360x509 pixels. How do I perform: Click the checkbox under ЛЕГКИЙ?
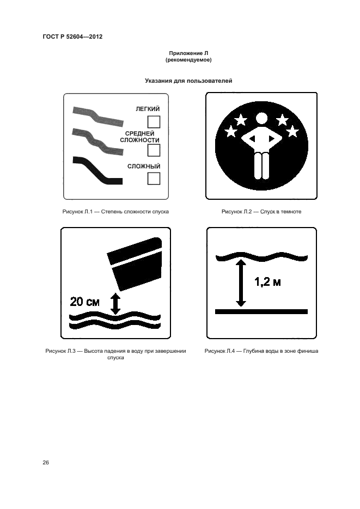tap(154, 122)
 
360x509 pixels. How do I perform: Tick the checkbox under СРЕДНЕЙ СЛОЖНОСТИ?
tap(154, 150)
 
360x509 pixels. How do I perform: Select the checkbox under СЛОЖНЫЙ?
tap(154, 178)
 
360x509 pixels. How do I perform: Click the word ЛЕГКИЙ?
tap(148, 109)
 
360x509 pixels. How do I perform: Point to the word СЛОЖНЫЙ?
tap(144, 166)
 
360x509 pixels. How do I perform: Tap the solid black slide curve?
tap(97, 171)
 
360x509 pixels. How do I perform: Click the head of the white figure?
tap(261, 119)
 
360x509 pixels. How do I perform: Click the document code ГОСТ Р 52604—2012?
tap(72, 36)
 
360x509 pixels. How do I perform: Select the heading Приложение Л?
tap(188, 53)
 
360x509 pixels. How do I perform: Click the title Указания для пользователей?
tap(188, 81)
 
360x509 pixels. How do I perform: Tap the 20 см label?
tap(85, 302)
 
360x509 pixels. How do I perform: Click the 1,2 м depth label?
tap(267, 282)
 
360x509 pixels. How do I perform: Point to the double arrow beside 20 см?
tap(115, 304)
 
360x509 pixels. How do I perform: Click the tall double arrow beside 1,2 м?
tap(241, 283)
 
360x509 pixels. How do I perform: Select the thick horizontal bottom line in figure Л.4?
tap(261, 311)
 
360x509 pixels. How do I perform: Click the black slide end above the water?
tap(135, 263)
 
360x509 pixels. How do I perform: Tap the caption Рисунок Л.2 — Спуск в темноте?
tap(261, 212)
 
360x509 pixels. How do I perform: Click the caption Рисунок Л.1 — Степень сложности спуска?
tap(115, 212)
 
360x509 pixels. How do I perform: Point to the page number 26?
tap(46, 463)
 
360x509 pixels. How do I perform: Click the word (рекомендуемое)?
tap(188, 60)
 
